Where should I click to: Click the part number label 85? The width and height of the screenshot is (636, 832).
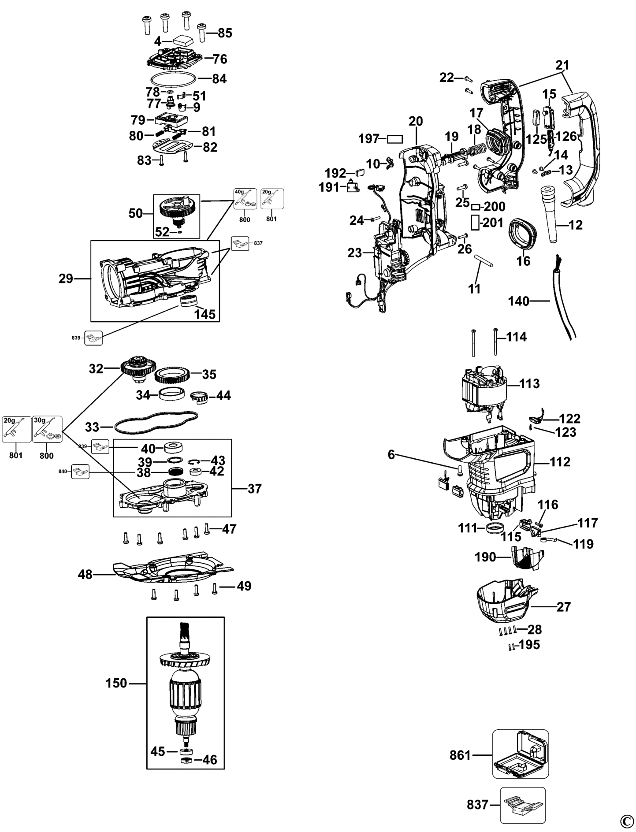(225, 33)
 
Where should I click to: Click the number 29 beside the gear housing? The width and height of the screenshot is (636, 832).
(66, 279)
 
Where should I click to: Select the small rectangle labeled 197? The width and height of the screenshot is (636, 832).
(395, 139)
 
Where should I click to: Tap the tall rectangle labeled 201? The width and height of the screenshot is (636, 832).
(475, 223)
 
